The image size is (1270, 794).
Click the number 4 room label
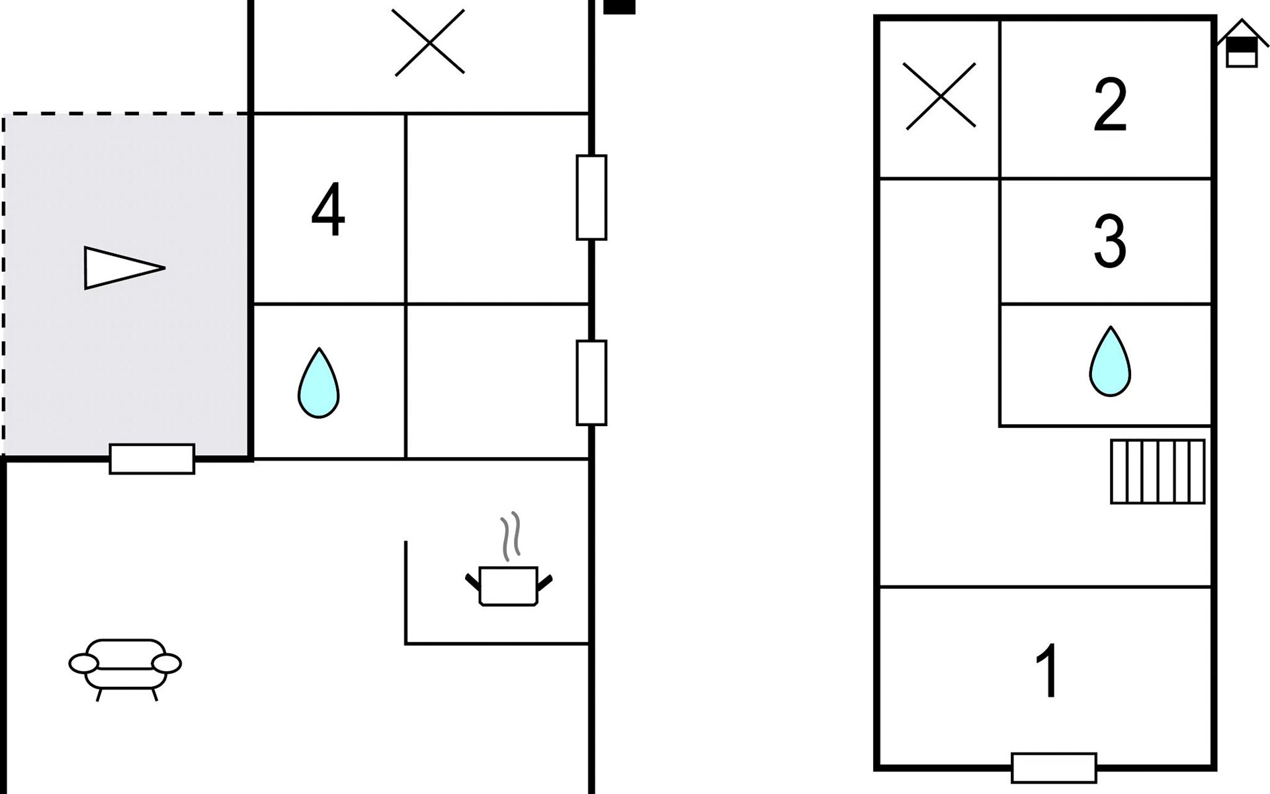point(328,210)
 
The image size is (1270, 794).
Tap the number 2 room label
point(1110,105)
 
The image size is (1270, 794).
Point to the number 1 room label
point(1048,671)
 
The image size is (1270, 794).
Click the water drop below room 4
point(318,383)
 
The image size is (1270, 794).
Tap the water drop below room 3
point(1110,362)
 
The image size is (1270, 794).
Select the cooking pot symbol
point(508,585)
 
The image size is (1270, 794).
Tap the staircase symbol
point(1157,472)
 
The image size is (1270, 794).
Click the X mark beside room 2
point(939,96)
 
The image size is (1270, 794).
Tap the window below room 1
point(1054,768)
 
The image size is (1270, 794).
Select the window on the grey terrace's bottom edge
point(152,459)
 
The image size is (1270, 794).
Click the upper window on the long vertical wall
point(591,197)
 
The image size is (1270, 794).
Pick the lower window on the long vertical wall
point(591,382)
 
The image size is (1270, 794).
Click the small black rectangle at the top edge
point(620,7)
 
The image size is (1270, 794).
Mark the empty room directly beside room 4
point(497,209)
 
